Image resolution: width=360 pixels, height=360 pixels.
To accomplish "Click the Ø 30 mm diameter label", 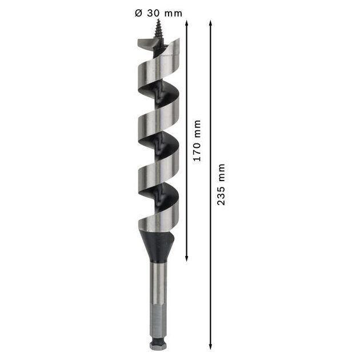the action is pyautogui.click(x=158, y=13).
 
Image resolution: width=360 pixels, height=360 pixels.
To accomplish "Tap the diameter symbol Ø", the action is pyautogui.click(x=138, y=13).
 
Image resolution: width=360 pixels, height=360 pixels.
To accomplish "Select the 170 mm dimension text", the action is pyautogui.click(x=197, y=141).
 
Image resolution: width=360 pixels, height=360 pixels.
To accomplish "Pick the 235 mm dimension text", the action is pyautogui.click(x=221, y=185).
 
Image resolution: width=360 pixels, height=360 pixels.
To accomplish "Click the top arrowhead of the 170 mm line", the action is pyautogui.click(x=187, y=22).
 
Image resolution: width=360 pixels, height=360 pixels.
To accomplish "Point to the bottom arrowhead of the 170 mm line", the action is pyautogui.click(x=187, y=259).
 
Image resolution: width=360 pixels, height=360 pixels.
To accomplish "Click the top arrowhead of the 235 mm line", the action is pyautogui.click(x=210, y=22).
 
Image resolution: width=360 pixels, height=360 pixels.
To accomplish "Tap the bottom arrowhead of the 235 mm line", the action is pyautogui.click(x=210, y=347).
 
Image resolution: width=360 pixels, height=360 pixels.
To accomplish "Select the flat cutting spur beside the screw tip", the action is pyautogui.click(x=145, y=44).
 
